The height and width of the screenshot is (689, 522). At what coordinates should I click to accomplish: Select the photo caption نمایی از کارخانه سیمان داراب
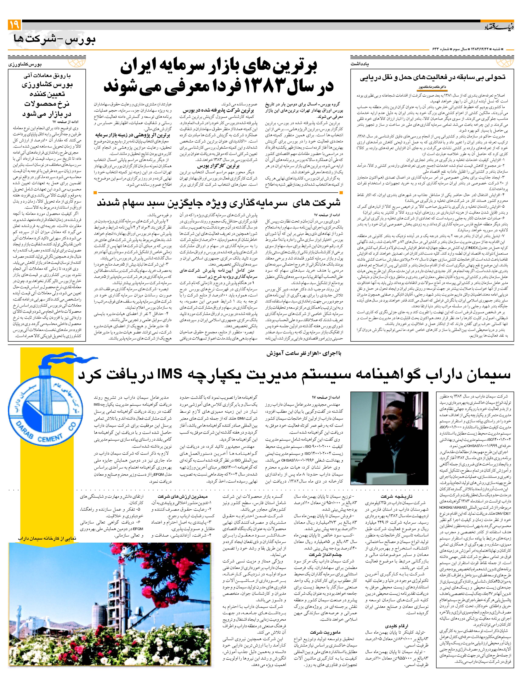(47, 538)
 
